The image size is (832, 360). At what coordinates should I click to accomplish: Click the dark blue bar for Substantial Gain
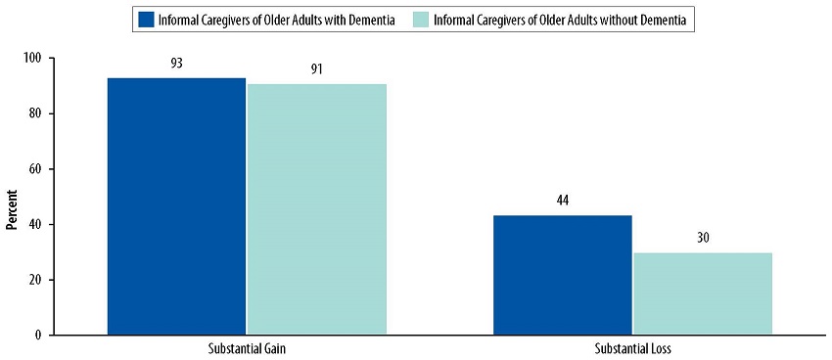click(176, 206)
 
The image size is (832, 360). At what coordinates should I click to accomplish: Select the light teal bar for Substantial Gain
click(317, 209)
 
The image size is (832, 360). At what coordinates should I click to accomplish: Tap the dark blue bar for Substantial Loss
click(562, 275)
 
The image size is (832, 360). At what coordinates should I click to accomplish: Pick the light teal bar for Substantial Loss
click(703, 293)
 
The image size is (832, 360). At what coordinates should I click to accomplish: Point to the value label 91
click(317, 70)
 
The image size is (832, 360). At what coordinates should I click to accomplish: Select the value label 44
click(562, 202)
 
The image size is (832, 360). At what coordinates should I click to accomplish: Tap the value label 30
click(703, 239)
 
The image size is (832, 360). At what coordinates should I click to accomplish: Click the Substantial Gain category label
click(247, 348)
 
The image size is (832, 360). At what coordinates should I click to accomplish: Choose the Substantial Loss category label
click(632, 348)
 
